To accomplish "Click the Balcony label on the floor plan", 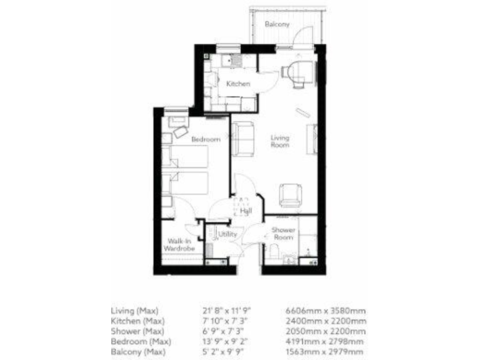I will click(276, 24).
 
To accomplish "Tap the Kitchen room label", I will click(238, 84).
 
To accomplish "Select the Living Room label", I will click(279, 141).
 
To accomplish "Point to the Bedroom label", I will click(206, 139).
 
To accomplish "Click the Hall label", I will click(246, 211).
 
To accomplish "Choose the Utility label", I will click(227, 234).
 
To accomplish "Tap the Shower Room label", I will click(282, 233).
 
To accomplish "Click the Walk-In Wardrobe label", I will click(179, 244).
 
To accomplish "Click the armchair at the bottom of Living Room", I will click(290, 194).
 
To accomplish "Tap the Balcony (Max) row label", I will click(134, 352).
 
